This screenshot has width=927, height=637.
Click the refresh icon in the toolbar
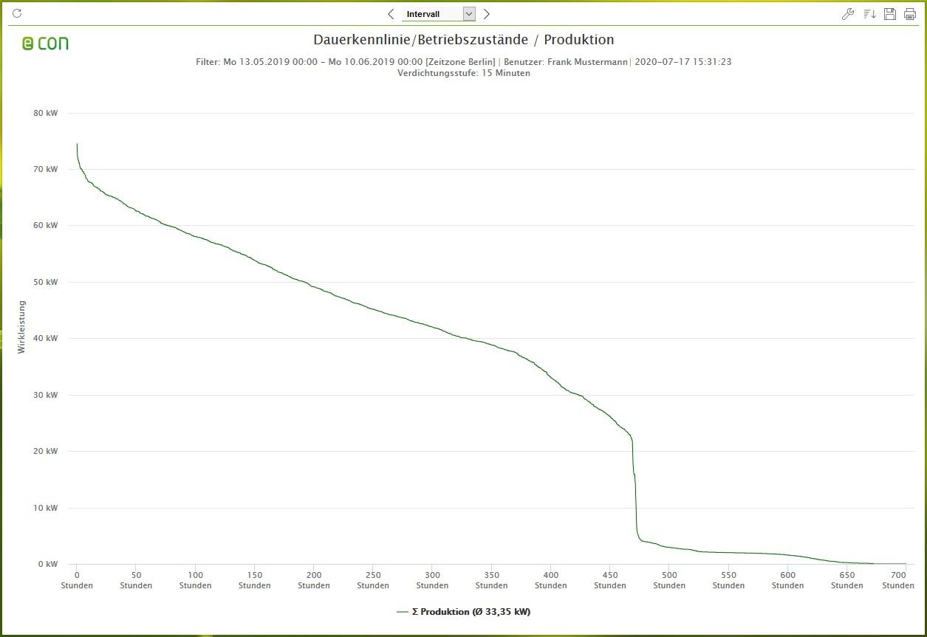18,13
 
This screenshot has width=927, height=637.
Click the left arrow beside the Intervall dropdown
391,14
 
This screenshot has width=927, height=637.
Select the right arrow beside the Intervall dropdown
486,14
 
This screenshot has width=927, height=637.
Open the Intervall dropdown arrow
468,14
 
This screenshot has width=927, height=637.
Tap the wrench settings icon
848,14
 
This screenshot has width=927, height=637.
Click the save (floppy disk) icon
889,14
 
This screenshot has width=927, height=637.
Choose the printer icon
909,14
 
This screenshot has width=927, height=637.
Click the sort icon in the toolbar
869,14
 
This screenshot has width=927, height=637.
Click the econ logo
45,44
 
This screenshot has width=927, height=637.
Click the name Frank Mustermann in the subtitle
587,62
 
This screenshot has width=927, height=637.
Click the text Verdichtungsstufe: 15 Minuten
463,73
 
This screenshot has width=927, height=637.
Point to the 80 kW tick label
46,114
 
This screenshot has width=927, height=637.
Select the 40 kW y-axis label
46,339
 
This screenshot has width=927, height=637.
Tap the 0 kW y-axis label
48,565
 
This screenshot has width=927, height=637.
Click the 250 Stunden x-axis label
373,580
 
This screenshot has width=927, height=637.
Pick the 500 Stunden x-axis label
669,580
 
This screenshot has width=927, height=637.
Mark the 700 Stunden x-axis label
897,580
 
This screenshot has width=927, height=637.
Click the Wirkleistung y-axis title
22,326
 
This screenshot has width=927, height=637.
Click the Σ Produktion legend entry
463,612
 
